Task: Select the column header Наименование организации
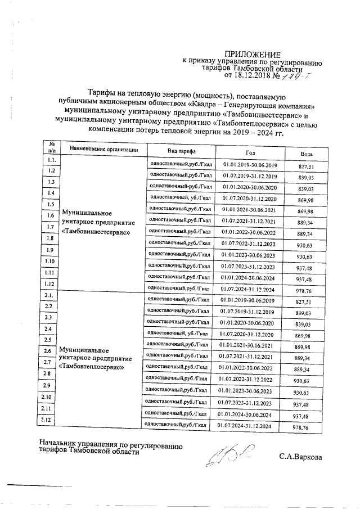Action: [103, 150]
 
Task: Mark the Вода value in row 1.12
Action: [307, 291]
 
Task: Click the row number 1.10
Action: [50, 262]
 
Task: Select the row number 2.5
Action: [49, 340]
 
